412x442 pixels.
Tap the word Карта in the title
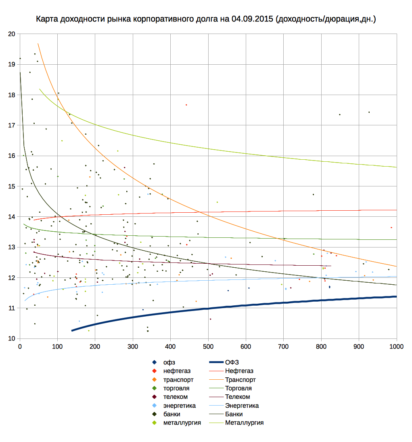[47, 19]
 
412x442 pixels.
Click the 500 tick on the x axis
[208, 346]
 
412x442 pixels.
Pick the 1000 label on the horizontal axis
[396, 346]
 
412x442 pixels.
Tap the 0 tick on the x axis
[20, 346]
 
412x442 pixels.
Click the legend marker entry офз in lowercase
[169, 362]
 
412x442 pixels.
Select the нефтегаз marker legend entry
[177, 371]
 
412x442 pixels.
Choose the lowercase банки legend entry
[171, 414]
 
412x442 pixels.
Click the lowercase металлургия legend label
[182, 423]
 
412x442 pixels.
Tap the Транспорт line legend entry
[240, 380]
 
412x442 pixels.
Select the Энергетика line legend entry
[242, 406]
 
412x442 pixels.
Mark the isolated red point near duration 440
[186, 105]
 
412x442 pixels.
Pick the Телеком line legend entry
[237, 397]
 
